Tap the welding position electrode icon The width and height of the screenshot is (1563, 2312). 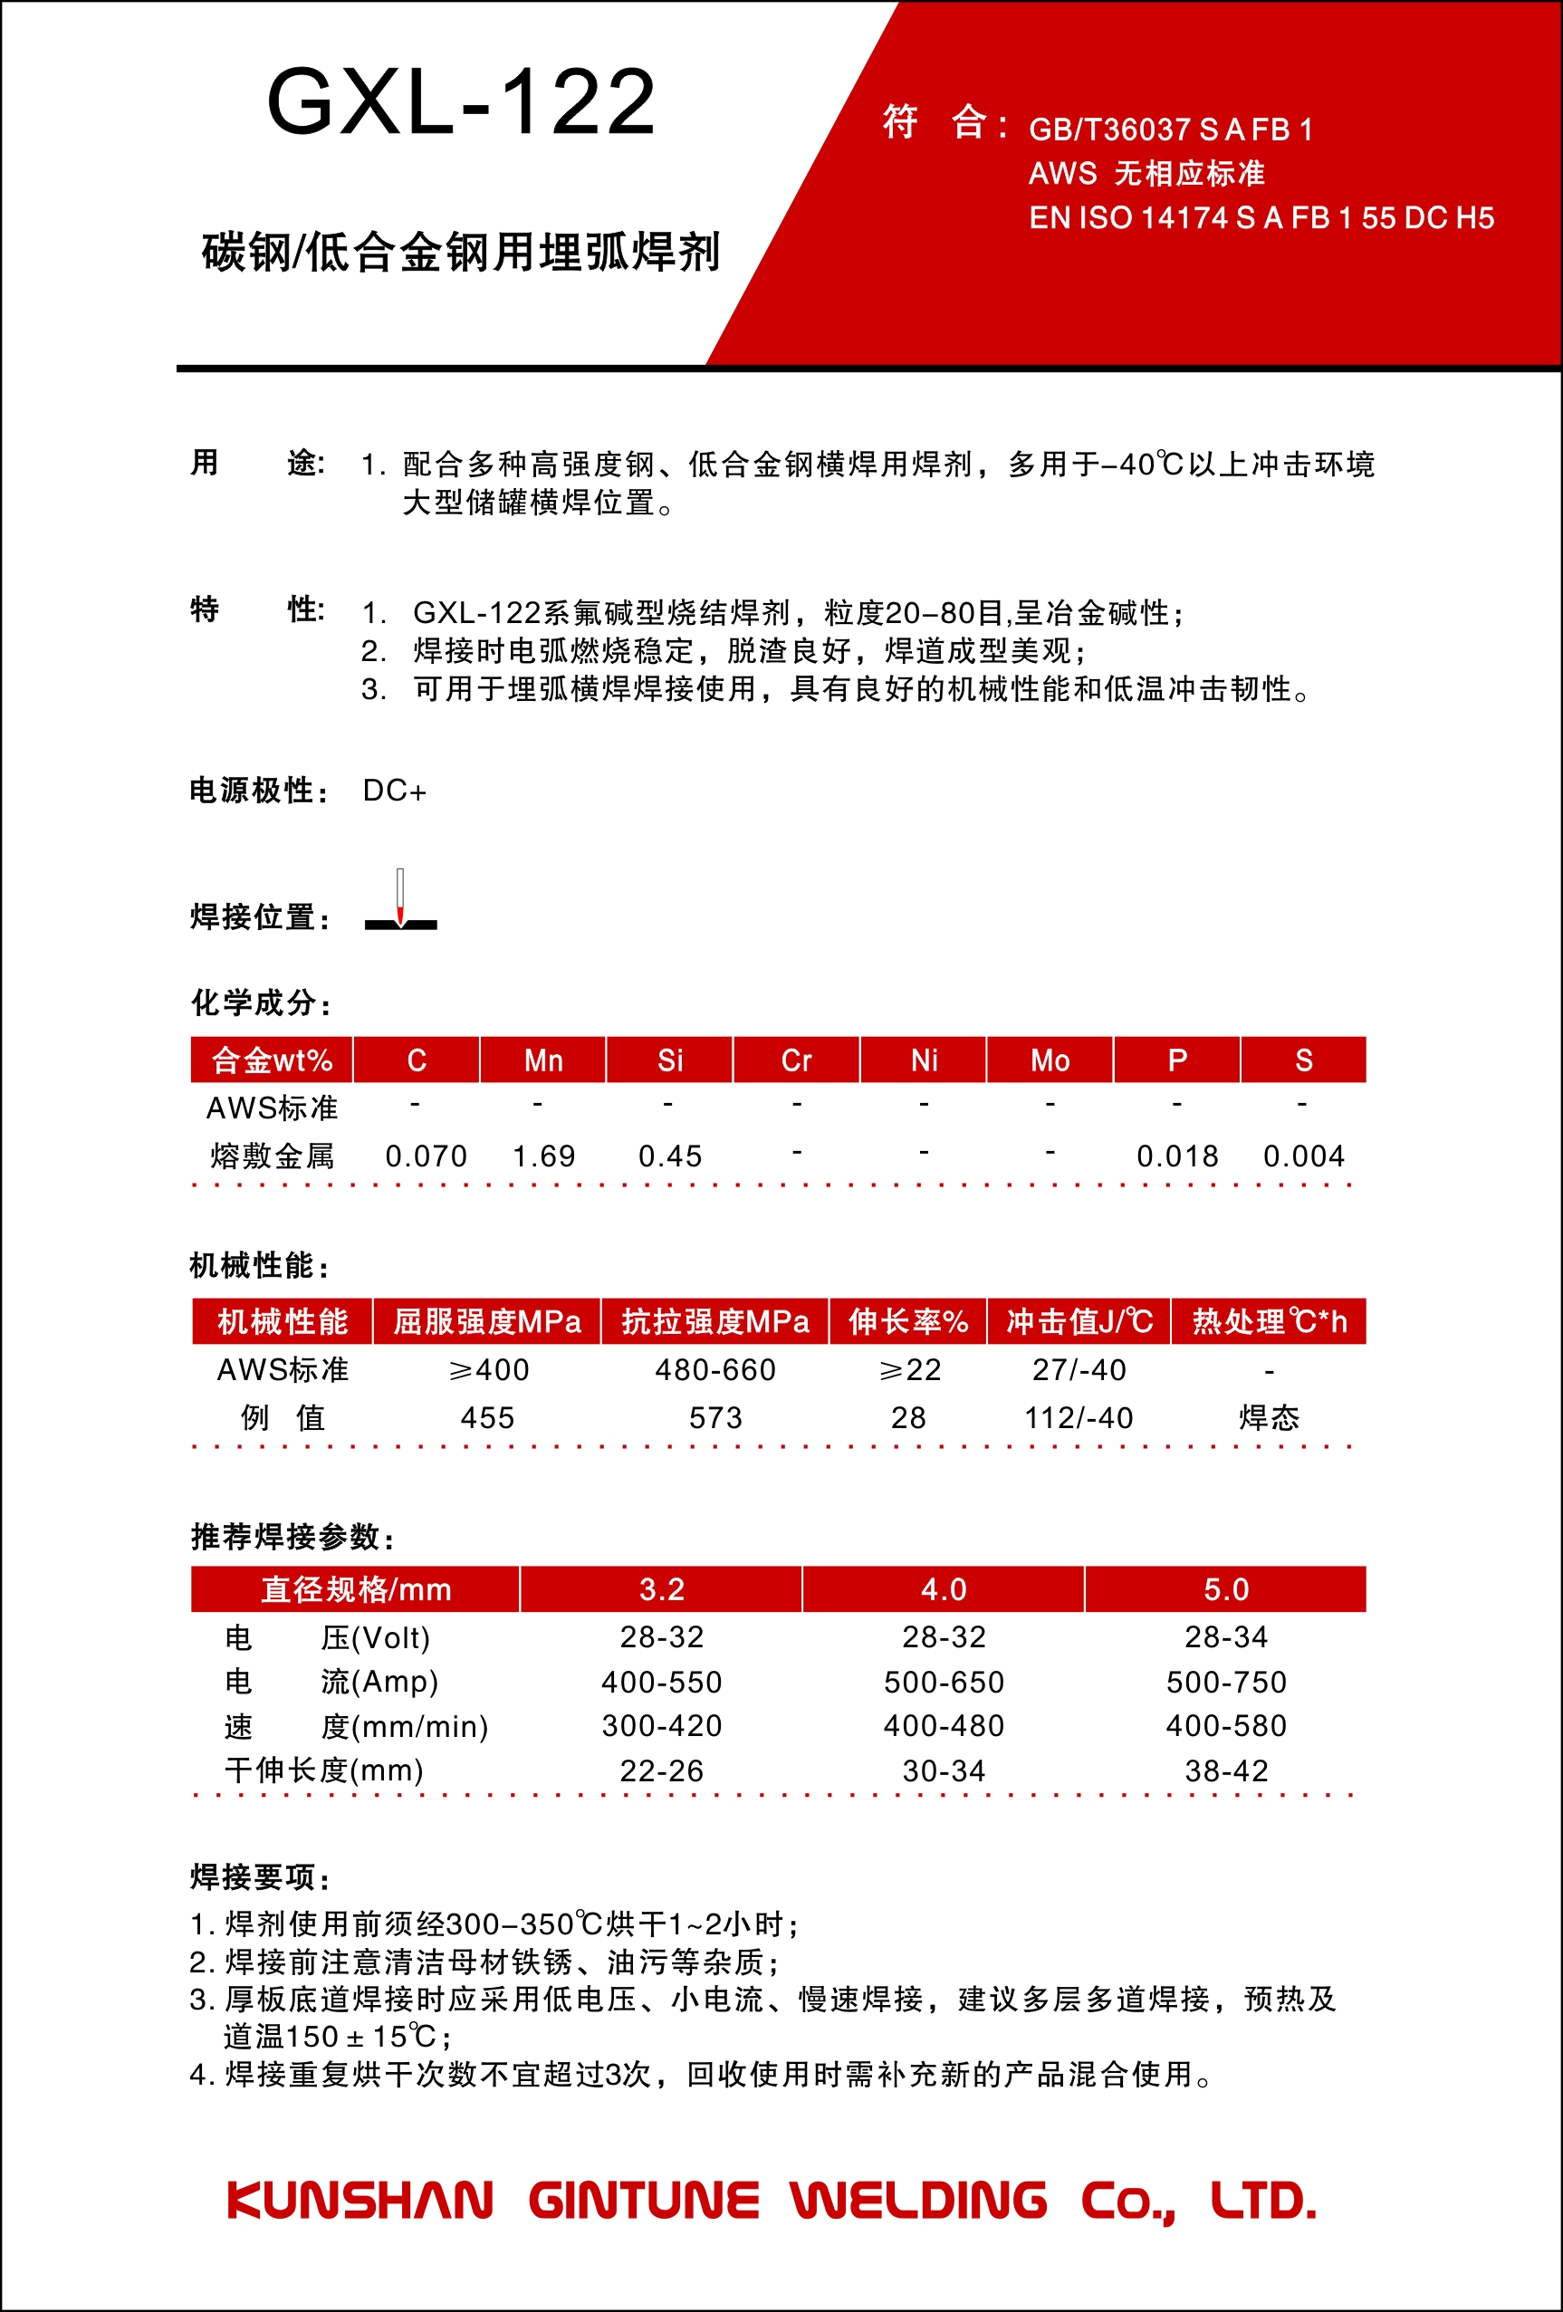[x=400, y=901]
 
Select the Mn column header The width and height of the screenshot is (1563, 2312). [x=543, y=1060]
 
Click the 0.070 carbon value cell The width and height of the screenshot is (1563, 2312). [x=426, y=1156]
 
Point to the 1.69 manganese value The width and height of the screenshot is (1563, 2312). [x=543, y=1156]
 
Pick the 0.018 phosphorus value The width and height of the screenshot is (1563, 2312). [x=1177, y=1156]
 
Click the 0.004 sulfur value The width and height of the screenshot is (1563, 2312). [x=1303, y=1156]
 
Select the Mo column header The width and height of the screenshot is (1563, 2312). [x=1050, y=1060]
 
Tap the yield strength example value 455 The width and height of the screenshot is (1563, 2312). [x=487, y=1417]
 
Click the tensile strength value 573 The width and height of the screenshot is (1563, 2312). [x=715, y=1417]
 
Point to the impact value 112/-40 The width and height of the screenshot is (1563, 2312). [x=1079, y=1417]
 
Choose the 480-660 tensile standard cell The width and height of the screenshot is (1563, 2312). [x=715, y=1370]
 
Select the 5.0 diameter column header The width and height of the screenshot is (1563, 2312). [x=1226, y=1588]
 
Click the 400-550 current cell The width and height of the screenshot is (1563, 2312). [x=662, y=1683]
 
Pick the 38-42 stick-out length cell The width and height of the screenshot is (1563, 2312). [x=1226, y=1770]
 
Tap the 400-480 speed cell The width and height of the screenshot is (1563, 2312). [x=944, y=1726]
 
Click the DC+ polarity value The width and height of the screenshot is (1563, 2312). [x=394, y=791]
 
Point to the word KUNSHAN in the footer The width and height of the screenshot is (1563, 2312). [x=360, y=2201]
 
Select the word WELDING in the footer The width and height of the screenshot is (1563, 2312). [x=918, y=2201]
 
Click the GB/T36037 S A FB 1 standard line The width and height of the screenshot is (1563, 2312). [x=1170, y=130]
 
